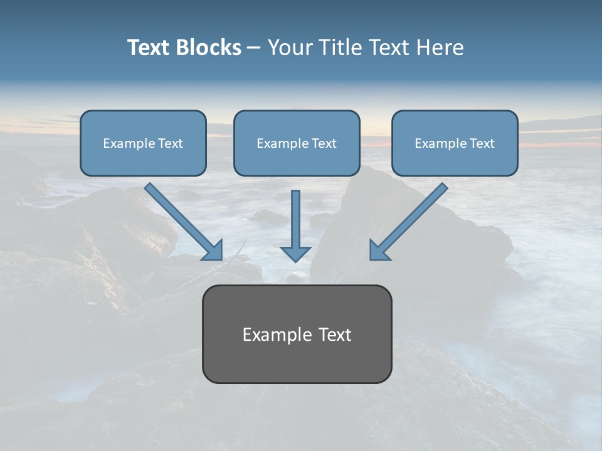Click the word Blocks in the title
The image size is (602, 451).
click(209, 48)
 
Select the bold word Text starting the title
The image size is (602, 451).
click(149, 48)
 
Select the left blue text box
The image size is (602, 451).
click(143, 143)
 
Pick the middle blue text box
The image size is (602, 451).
click(297, 143)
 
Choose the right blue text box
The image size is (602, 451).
click(455, 143)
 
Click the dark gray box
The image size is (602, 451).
click(297, 334)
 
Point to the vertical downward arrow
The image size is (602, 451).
click(295, 226)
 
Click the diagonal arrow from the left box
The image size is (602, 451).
click(184, 222)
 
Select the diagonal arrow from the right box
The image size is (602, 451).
click(409, 222)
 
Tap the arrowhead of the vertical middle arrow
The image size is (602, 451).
click(295, 255)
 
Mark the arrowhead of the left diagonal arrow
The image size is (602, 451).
click(214, 252)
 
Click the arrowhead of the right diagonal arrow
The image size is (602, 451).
click(378, 252)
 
